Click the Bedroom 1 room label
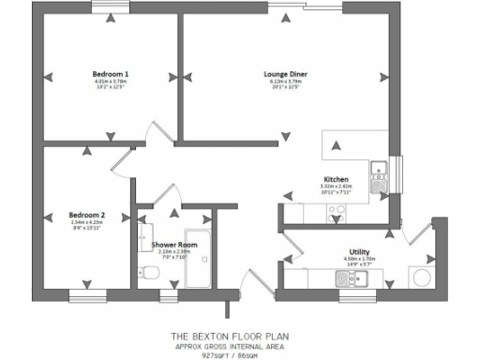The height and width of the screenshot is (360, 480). click(x=111, y=73)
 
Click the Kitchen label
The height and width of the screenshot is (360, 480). click(x=337, y=178)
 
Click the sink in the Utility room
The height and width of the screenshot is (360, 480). click(x=339, y=277)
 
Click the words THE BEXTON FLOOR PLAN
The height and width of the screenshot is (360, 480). click(x=240, y=334)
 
